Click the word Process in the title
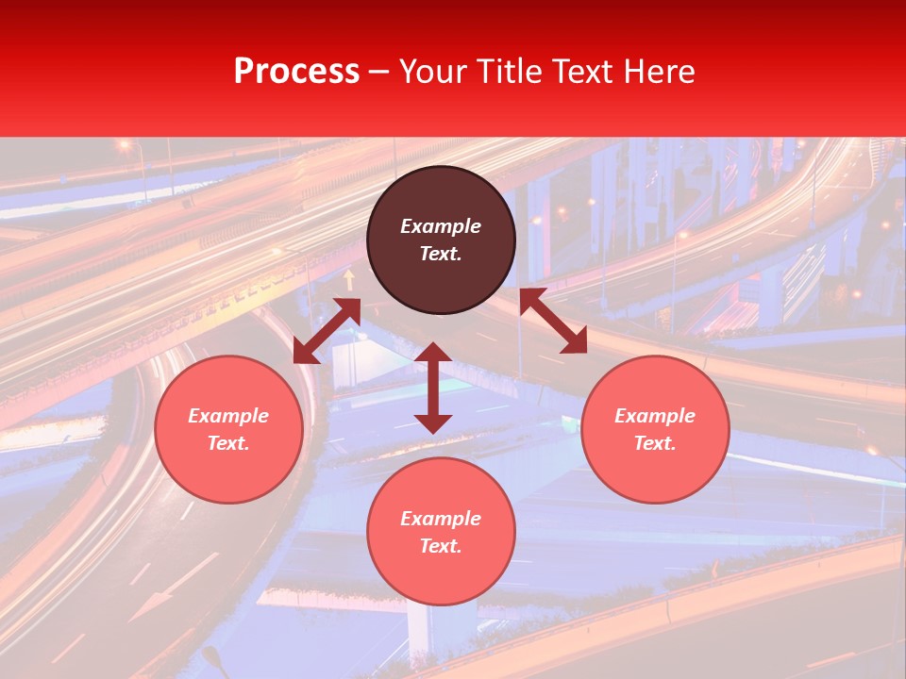click(296, 72)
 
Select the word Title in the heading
click(513, 72)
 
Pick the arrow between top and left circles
click(327, 331)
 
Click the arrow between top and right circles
click(553, 321)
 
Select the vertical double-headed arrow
click(433, 388)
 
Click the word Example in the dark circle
click(441, 226)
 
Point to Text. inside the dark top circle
click(441, 254)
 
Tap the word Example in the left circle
click(228, 416)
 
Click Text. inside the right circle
click(655, 443)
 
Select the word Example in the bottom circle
click(441, 519)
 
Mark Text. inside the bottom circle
click(441, 546)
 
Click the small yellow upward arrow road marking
click(349, 279)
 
